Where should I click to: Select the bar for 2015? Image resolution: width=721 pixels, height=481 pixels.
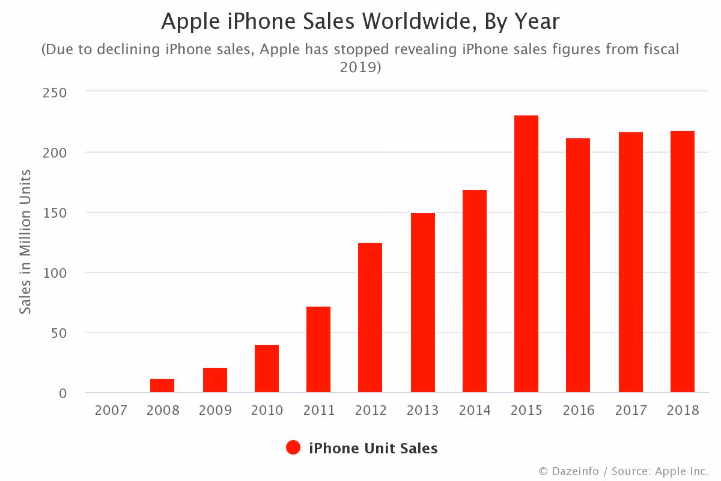(x=526, y=254)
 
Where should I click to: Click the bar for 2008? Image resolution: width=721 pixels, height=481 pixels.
(x=162, y=385)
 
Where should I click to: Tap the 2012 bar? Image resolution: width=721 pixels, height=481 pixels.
(x=370, y=317)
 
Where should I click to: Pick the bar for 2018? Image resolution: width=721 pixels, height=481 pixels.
(x=683, y=262)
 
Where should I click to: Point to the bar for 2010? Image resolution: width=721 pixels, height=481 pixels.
(x=267, y=369)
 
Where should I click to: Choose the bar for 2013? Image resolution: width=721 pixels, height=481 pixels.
(x=422, y=302)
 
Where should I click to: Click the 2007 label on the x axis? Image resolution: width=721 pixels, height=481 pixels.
(x=111, y=411)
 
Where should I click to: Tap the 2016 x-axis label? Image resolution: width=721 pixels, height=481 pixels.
(x=579, y=411)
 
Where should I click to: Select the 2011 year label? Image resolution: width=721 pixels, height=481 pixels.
(x=319, y=411)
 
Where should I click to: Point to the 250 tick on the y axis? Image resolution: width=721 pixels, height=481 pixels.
(x=54, y=93)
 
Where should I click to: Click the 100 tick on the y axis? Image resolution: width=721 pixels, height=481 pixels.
(x=54, y=273)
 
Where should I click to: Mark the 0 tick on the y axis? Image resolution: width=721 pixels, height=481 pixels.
(x=62, y=393)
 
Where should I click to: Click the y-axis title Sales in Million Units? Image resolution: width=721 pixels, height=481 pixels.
(x=25, y=242)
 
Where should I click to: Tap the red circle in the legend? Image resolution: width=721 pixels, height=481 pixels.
(x=293, y=448)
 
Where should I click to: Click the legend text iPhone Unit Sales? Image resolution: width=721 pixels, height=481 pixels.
(x=373, y=448)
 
